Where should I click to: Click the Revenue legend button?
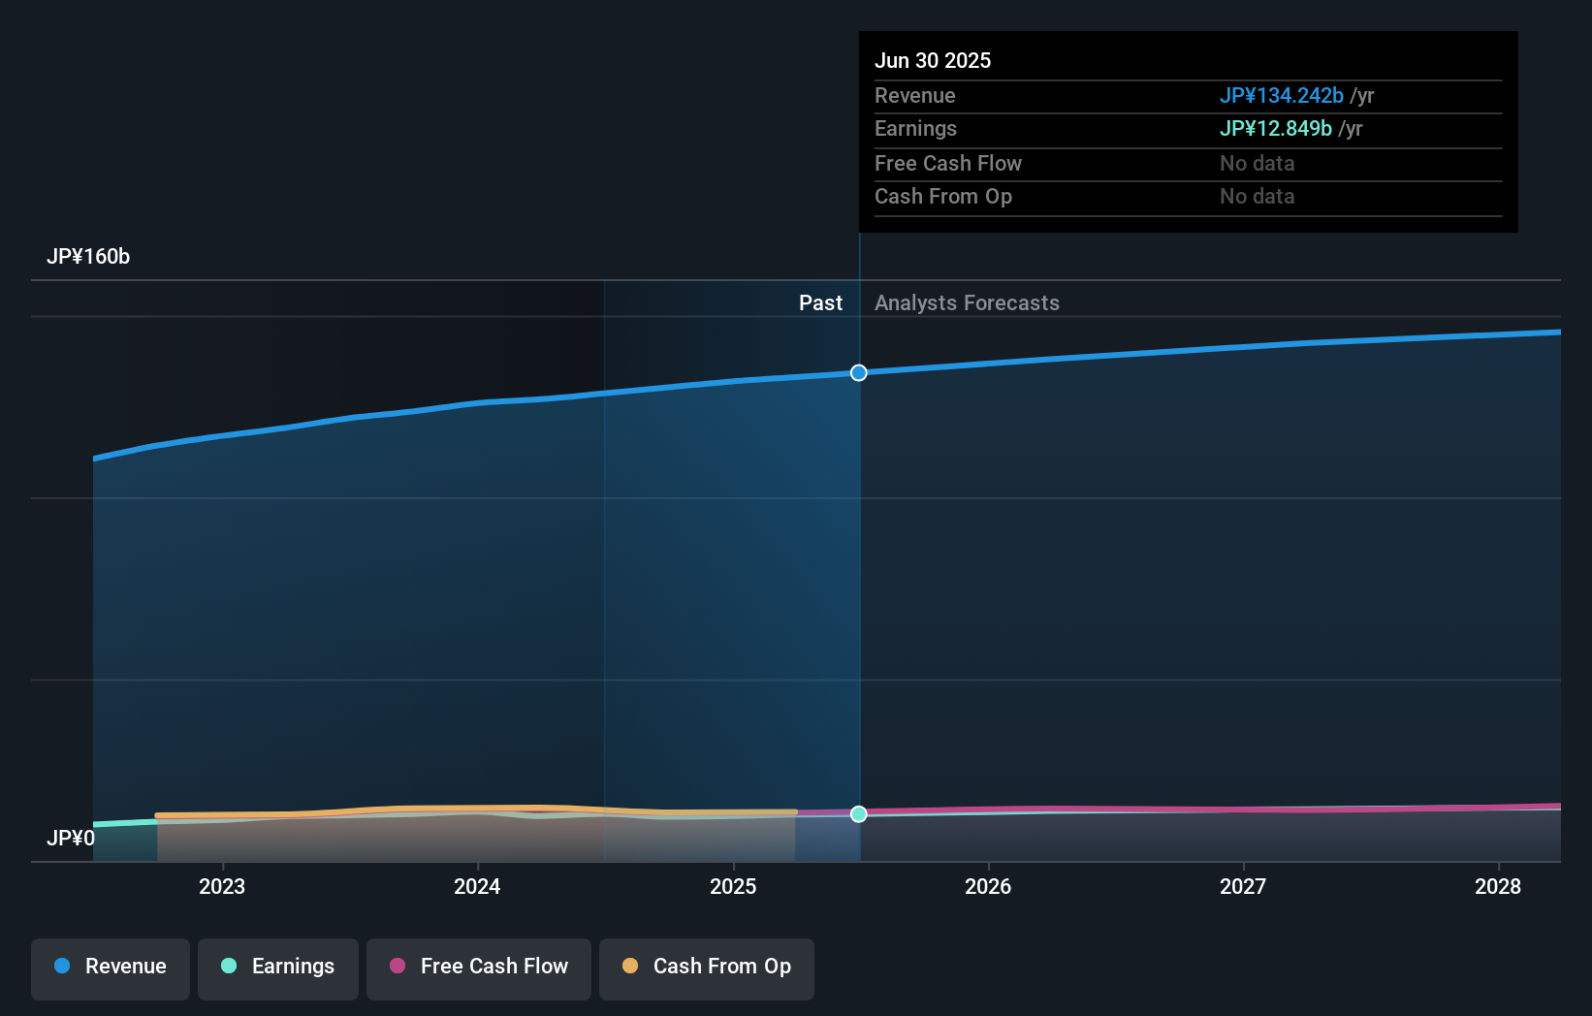click(x=111, y=968)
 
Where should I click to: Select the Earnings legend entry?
click(x=278, y=968)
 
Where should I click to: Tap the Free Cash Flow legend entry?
click(x=479, y=968)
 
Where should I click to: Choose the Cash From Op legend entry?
click(x=707, y=968)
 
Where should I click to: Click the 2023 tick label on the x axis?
click(x=222, y=886)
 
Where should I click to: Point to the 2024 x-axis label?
click(x=477, y=886)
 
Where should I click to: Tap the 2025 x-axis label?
click(x=733, y=886)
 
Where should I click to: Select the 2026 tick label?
click(x=988, y=886)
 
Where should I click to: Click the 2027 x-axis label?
click(x=1243, y=886)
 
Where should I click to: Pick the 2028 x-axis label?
click(x=1498, y=886)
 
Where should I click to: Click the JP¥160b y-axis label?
click(x=88, y=257)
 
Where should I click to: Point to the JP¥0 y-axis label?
click(x=71, y=838)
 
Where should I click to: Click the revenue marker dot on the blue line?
click(x=859, y=373)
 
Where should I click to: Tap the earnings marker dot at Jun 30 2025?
click(x=859, y=814)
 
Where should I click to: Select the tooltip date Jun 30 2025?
click(x=933, y=61)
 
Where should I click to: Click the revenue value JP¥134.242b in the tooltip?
click(x=1281, y=96)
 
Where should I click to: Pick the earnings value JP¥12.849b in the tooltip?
click(x=1275, y=129)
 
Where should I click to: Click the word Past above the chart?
click(x=820, y=303)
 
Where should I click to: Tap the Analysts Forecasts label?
click(x=967, y=303)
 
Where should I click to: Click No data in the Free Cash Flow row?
click(x=1257, y=164)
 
